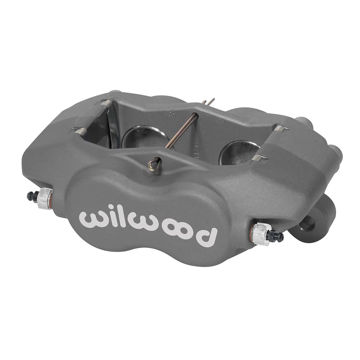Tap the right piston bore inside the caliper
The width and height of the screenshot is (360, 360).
pyautogui.click(x=239, y=151)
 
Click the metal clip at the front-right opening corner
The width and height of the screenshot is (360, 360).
pyautogui.click(x=260, y=158)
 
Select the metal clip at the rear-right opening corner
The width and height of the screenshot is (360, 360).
pyautogui.click(x=281, y=127)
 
